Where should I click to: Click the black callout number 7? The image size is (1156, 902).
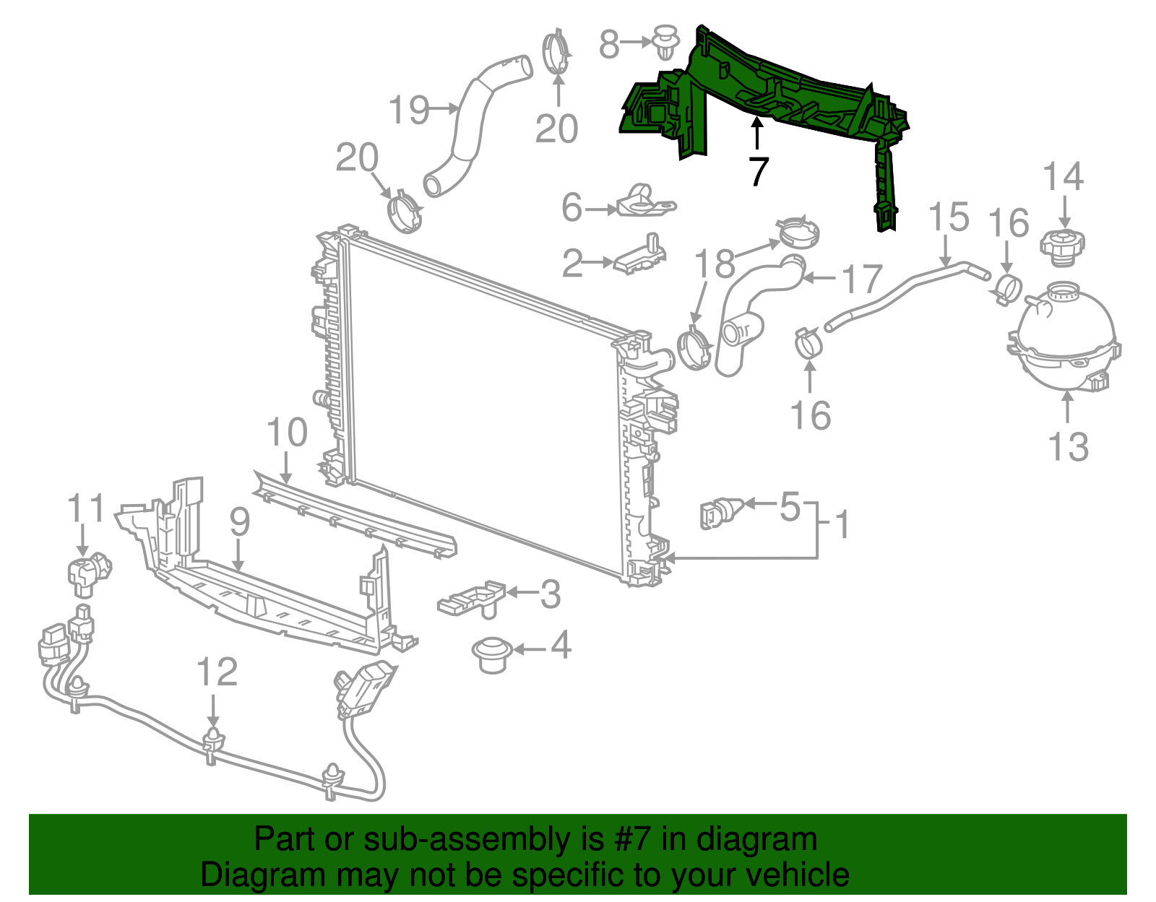pos(757,171)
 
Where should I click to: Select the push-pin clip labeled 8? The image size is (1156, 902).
pos(665,43)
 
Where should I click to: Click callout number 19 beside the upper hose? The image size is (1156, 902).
pos(409,110)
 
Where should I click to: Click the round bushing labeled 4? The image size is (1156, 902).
pos(491,654)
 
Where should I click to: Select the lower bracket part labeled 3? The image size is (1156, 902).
pos(472,598)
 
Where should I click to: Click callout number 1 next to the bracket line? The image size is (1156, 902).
pos(842,525)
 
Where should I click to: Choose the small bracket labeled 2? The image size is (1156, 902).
pos(640,256)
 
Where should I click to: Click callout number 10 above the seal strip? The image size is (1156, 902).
pos(287,433)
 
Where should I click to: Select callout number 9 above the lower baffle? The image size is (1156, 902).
pos(239,521)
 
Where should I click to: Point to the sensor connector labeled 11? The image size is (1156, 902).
pos(88,574)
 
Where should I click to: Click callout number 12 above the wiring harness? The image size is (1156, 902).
pos(217,672)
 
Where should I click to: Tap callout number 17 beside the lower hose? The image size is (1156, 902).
pos(863,279)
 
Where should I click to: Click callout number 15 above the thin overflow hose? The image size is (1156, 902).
pos(948,217)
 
